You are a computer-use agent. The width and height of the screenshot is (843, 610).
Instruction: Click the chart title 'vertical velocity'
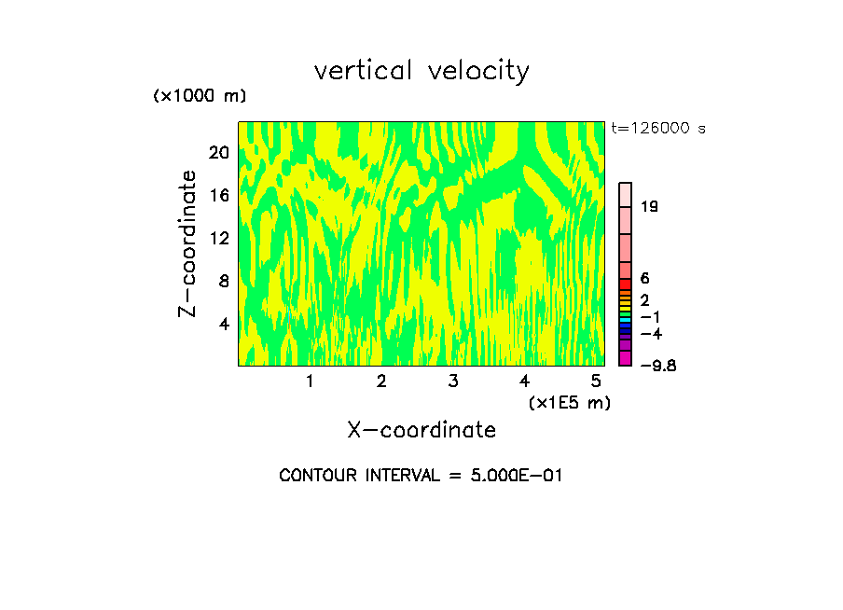pos(421,71)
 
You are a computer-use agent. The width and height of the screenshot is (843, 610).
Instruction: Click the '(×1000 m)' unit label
pos(199,97)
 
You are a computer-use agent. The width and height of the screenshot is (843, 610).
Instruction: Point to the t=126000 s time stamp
pos(658,129)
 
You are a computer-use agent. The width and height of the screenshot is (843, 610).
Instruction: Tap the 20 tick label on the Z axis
pos(218,152)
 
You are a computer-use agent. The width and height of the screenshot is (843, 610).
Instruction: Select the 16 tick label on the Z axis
pos(218,195)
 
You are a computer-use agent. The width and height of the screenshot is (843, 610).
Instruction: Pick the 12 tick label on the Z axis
pos(218,238)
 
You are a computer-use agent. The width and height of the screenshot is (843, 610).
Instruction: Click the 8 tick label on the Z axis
pos(223,281)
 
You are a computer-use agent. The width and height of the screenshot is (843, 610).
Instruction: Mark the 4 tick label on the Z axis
pos(223,324)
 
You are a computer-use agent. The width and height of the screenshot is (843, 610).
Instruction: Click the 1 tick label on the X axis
pos(310,381)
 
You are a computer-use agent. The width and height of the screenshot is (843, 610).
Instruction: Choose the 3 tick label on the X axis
pos(452,381)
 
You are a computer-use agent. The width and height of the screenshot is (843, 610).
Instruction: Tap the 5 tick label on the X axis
pos(595,381)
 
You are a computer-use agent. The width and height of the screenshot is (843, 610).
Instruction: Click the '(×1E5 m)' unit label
pos(569,402)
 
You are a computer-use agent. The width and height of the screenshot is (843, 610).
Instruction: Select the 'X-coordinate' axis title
pos(421,430)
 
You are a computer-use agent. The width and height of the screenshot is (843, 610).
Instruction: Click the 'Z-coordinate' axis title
pos(188,243)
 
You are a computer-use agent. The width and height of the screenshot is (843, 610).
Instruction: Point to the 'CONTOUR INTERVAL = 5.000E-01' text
pos(421,476)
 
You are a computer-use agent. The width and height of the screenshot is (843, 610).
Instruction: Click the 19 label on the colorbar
pos(650,206)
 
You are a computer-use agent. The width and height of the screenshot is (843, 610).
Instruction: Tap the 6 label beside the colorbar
pos(644,278)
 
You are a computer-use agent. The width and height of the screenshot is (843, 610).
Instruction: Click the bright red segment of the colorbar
pos(625,284)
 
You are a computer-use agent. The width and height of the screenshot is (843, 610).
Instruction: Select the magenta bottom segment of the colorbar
pos(625,358)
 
